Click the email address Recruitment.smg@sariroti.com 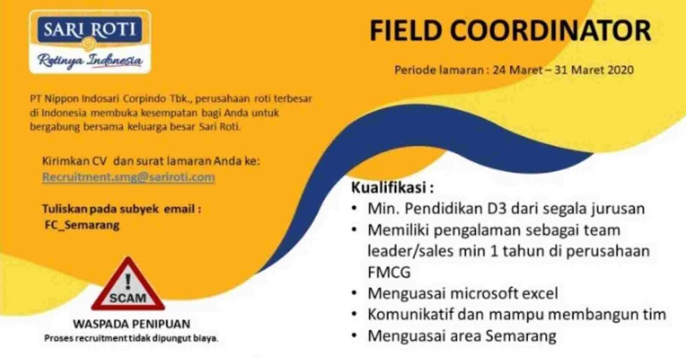tap(129, 177)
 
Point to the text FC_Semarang tap(82, 225)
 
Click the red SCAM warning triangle tap(128, 286)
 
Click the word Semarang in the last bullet tap(520, 335)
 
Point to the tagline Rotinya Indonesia tap(89, 61)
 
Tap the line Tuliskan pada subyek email tap(122, 209)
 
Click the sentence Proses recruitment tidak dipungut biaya tap(131, 339)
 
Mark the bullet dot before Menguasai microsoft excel tap(356, 294)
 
